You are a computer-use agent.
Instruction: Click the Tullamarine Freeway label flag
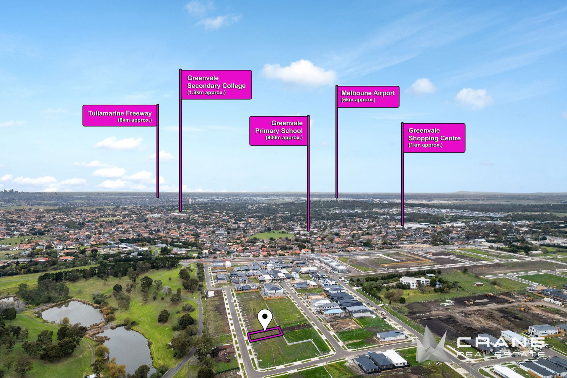click(x=120, y=116)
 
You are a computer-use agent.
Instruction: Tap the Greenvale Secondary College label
click(x=216, y=85)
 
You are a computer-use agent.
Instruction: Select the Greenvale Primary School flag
click(x=278, y=131)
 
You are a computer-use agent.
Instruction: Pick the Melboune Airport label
click(x=368, y=96)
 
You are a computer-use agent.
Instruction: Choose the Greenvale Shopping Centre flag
click(x=434, y=138)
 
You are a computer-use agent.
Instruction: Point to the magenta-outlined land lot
click(x=265, y=335)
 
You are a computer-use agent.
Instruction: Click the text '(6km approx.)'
click(x=134, y=120)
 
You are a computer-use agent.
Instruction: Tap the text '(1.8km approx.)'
click(x=206, y=93)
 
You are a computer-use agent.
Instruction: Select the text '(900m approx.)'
click(x=284, y=138)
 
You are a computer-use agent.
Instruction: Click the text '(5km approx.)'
click(x=358, y=100)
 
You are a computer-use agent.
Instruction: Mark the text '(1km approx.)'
click(x=425, y=145)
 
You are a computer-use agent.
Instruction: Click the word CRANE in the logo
click(x=501, y=343)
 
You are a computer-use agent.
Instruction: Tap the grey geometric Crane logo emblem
click(x=431, y=346)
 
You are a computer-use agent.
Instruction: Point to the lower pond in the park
click(x=127, y=346)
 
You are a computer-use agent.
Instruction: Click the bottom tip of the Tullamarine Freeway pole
click(x=158, y=197)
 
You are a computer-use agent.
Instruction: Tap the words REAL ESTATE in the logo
click(x=501, y=354)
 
